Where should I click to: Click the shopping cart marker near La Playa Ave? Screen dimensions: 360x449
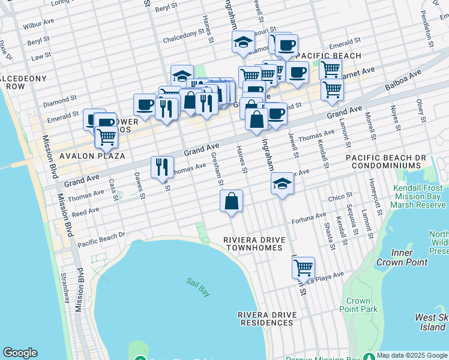click(304, 267)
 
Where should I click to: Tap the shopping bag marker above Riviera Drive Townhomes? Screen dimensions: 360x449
click(231, 202)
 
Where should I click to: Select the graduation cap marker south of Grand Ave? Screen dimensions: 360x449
click(282, 185)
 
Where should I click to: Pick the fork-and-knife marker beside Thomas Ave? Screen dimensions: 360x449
click(162, 167)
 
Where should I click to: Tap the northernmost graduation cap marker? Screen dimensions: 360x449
click(243, 43)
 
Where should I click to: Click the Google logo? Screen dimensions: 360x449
click(20, 353)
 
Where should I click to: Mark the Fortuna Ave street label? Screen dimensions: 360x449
click(309, 218)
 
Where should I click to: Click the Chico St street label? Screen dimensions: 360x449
click(340, 198)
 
